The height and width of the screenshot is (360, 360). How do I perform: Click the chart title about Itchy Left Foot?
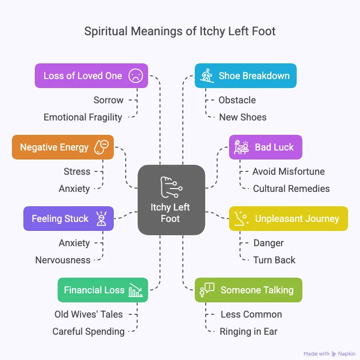[x=180, y=32]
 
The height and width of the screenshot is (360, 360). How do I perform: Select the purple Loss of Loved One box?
[x=91, y=76]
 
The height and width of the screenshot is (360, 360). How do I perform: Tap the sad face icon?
[x=136, y=76]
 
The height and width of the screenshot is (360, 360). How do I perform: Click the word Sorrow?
[x=109, y=100]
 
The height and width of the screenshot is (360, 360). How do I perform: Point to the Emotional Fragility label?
[x=83, y=117]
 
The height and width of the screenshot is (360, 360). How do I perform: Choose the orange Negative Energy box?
[x=62, y=147]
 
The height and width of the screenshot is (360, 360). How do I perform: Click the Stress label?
[x=77, y=171]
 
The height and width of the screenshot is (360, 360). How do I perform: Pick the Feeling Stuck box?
[x=68, y=219]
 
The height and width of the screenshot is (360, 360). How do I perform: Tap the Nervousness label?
[x=63, y=260]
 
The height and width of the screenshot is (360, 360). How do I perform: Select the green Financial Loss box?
[x=102, y=290]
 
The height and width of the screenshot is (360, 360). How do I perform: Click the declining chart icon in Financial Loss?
[x=136, y=290]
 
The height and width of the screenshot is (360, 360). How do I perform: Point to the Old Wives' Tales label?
[x=89, y=314]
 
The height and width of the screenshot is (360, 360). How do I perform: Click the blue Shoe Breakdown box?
[x=245, y=76]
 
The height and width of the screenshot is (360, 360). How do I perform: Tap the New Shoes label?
[x=243, y=117]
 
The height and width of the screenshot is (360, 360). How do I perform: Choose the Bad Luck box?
[x=265, y=147]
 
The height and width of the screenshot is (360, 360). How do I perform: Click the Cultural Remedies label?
[x=291, y=189]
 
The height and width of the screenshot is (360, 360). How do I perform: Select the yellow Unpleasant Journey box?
[x=288, y=219]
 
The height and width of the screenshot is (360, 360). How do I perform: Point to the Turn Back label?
[x=274, y=260]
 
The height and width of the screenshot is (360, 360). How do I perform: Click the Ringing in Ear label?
[x=249, y=331]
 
